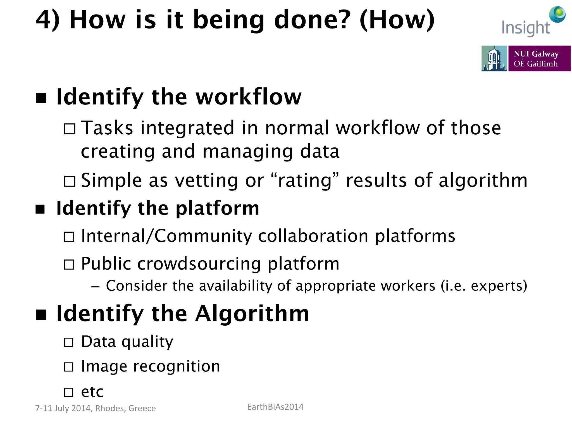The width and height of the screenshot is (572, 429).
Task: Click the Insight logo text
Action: (525, 28)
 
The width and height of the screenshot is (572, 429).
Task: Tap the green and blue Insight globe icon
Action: (557, 14)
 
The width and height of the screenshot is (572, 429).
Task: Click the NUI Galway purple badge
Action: (539, 59)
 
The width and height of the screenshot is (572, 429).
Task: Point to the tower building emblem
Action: (494, 59)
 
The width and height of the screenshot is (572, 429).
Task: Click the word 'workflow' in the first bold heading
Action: (249, 97)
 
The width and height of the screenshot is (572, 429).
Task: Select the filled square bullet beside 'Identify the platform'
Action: (40, 209)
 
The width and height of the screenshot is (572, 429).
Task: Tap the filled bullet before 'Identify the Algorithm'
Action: (41, 314)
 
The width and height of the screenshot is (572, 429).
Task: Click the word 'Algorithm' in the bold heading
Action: (252, 314)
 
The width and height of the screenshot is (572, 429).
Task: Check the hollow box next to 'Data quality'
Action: (69, 342)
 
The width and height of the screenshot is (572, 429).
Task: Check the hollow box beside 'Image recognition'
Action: (69, 367)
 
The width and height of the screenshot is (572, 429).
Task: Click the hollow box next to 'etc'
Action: (69, 392)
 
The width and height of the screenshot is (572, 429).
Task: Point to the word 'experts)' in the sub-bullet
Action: (499, 286)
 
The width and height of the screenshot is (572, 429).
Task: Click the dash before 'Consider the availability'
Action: (95, 287)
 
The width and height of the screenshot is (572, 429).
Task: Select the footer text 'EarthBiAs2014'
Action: (275, 407)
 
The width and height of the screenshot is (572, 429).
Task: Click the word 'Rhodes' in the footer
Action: (110, 408)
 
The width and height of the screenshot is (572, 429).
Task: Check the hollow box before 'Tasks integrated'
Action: (70, 129)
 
